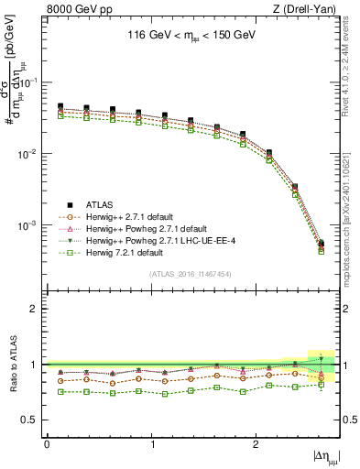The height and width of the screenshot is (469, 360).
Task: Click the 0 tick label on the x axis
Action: coord(47,443)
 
